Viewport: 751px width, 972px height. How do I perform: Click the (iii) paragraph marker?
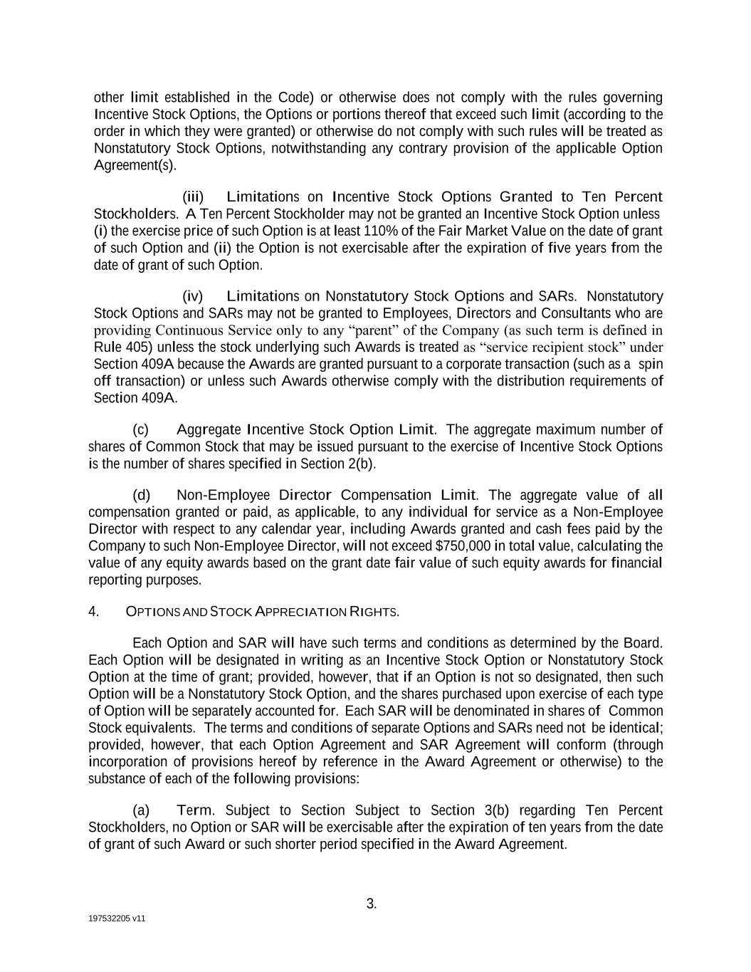(x=193, y=197)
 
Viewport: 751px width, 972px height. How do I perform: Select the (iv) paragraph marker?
(x=193, y=296)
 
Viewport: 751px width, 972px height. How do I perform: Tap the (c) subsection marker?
(x=140, y=429)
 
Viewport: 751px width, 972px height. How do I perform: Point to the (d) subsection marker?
(x=141, y=495)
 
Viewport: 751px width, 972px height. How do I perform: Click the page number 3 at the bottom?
(x=371, y=904)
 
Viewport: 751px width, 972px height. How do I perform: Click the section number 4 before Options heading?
(x=93, y=612)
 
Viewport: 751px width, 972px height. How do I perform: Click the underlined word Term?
(x=194, y=810)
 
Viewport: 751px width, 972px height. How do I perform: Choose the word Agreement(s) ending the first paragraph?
(x=135, y=166)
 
